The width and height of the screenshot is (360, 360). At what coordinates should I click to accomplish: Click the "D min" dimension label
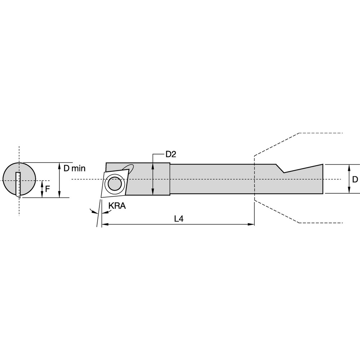pos(74,168)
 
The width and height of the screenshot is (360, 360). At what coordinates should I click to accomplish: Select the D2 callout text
pos(170,154)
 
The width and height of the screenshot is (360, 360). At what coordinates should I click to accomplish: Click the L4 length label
pos(179,219)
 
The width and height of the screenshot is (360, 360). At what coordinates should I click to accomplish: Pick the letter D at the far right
pos(355,179)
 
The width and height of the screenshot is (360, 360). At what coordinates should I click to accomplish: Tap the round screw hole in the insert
pos(115,184)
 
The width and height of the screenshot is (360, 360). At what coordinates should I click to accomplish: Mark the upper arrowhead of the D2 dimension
pos(153,165)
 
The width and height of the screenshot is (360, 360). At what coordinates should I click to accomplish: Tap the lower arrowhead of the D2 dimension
pos(153,193)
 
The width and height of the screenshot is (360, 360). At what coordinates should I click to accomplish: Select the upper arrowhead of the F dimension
pos(42,182)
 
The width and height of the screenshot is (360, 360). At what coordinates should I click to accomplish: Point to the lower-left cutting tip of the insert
pos(102,197)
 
